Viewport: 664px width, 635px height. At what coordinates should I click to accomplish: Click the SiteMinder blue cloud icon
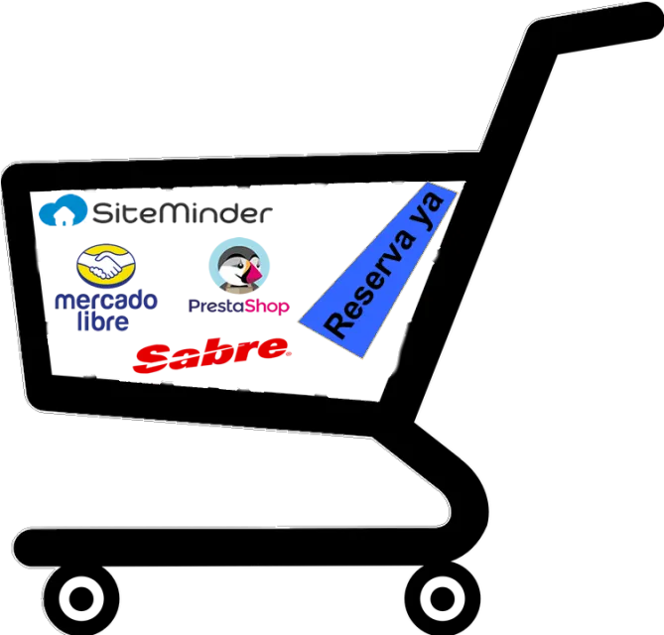pyautogui.click(x=64, y=210)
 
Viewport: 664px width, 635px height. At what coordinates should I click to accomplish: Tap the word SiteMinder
pyautogui.click(x=183, y=212)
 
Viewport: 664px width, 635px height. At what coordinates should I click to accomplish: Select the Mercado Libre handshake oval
pyautogui.click(x=106, y=266)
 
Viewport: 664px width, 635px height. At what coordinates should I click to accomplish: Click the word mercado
pyautogui.click(x=106, y=301)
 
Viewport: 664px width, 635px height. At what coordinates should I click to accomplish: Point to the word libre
pyautogui.click(x=103, y=321)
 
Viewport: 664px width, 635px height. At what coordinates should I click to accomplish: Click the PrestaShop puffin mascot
pyautogui.click(x=239, y=266)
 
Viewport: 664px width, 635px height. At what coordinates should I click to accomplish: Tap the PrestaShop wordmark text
pyautogui.click(x=239, y=306)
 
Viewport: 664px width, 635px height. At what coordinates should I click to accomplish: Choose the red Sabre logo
pyautogui.click(x=211, y=355)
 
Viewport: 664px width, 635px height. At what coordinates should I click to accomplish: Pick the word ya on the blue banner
pyautogui.click(x=429, y=210)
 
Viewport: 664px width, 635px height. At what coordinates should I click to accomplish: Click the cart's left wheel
pyautogui.click(x=81, y=598)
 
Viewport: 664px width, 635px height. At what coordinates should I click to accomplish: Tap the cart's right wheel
pyautogui.click(x=443, y=598)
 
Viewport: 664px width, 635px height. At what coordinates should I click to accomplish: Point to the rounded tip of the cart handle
pyautogui.click(x=648, y=20)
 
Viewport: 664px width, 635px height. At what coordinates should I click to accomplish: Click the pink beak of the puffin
pyautogui.click(x=254, y=273)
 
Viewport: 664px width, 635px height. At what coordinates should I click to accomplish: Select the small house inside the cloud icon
pyautogui.click(x=64, y=218)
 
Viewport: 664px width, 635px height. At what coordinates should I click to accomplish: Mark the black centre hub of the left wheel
pyautogui.click(x=81, y=599)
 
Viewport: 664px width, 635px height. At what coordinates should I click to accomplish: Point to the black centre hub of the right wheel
pyautogui.click(x=443, y=599)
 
